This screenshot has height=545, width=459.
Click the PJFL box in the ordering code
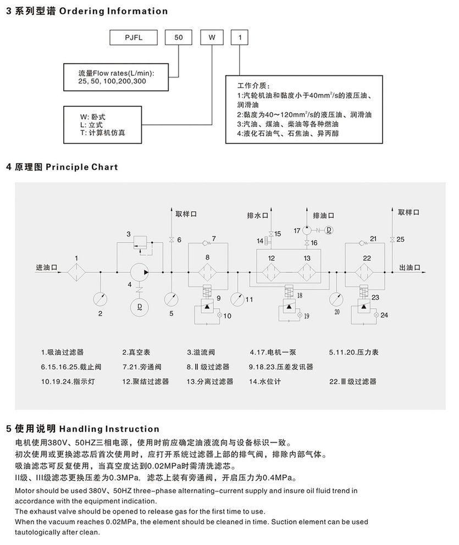coord(133,38)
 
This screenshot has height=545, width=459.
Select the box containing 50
coord(179,38)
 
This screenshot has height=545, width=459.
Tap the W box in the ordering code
coord(212,38)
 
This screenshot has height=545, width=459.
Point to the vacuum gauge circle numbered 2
coord(101,297)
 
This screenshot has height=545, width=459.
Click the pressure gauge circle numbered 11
coord(237,298)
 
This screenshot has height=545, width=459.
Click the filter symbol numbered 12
coord(272,271)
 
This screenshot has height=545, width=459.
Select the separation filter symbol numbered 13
coord(307,271)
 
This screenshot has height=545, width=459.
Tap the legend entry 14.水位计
coord(266,381)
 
